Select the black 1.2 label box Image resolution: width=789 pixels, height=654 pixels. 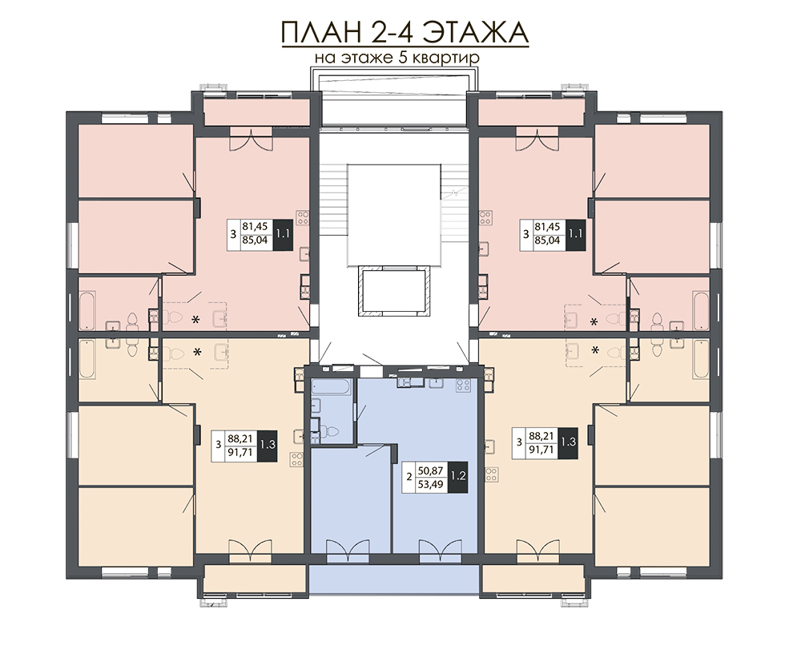(x=458, y=474)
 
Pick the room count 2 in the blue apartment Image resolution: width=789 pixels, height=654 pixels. (x=410, y=475)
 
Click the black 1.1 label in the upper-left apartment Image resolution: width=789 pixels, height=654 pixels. (x=284, y=235)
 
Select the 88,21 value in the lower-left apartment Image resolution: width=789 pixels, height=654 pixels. (x=242, y=439)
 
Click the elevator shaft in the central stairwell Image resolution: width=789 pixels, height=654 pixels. (x=393, y=289)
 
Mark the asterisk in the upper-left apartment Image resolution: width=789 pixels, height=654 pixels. (x=195, y=320)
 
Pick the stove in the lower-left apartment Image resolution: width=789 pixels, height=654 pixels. (x=296, y=460)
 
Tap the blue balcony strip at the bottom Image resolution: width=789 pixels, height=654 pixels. (x=394, y=579)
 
